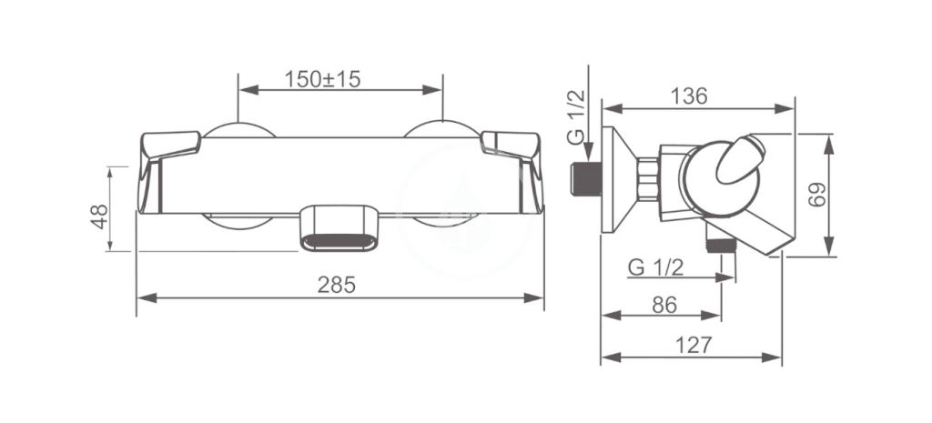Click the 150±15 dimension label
point(322,78)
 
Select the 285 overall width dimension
point(338,284)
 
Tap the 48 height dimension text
point(99,216)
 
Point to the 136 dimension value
point(689,96)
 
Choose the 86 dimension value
point(664,305)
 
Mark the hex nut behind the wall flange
point(648,178)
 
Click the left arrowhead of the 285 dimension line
point(143,297)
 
